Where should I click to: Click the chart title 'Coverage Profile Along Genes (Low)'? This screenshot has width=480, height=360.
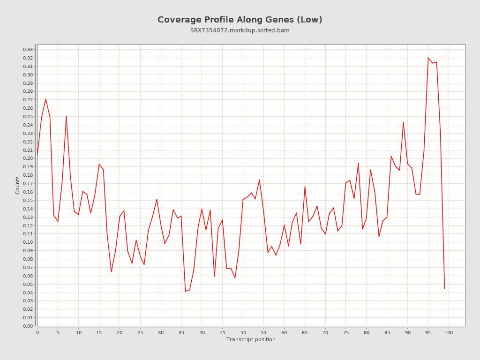coord(240,20)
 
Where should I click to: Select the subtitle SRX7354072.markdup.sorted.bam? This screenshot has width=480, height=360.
coord(240,30)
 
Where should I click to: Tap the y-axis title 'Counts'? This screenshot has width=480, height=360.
coord(18,185)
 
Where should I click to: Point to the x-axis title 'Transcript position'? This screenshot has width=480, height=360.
coord(251,339)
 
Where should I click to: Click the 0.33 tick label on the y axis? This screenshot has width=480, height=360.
coord(28,50)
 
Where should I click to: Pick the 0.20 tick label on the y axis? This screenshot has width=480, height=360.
coord(28,158)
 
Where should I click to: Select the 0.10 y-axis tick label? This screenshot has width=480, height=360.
coord(28,242)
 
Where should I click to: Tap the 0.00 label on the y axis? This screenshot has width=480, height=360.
coord(28,326)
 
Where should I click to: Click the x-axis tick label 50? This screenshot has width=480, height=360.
coord(243,332)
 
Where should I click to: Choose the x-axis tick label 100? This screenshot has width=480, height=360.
coord(449,332)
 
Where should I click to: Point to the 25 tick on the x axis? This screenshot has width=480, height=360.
coord(140,332)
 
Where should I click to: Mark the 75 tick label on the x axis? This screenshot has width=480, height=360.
coord(346,332)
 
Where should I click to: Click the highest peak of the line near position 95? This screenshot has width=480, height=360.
coord(428,58)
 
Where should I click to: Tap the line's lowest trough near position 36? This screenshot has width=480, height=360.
coord(185,291)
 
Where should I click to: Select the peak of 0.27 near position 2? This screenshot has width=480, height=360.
coord(45,99)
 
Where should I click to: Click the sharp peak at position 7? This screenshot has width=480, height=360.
coord(66,116)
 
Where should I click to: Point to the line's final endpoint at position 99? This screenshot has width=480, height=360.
coord(444,288)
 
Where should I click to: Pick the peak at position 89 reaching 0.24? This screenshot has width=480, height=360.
coord(403,122)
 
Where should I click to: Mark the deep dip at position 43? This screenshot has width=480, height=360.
coord(214,276)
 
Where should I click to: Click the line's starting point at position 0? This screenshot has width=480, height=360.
coord(37,155)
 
